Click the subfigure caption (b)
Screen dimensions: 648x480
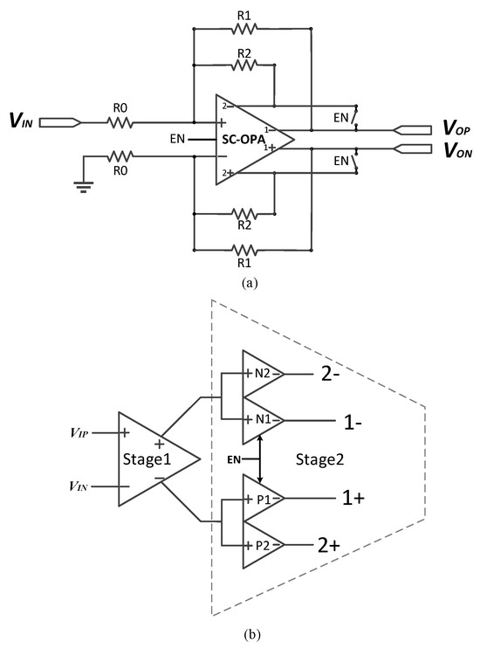[240, 633]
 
